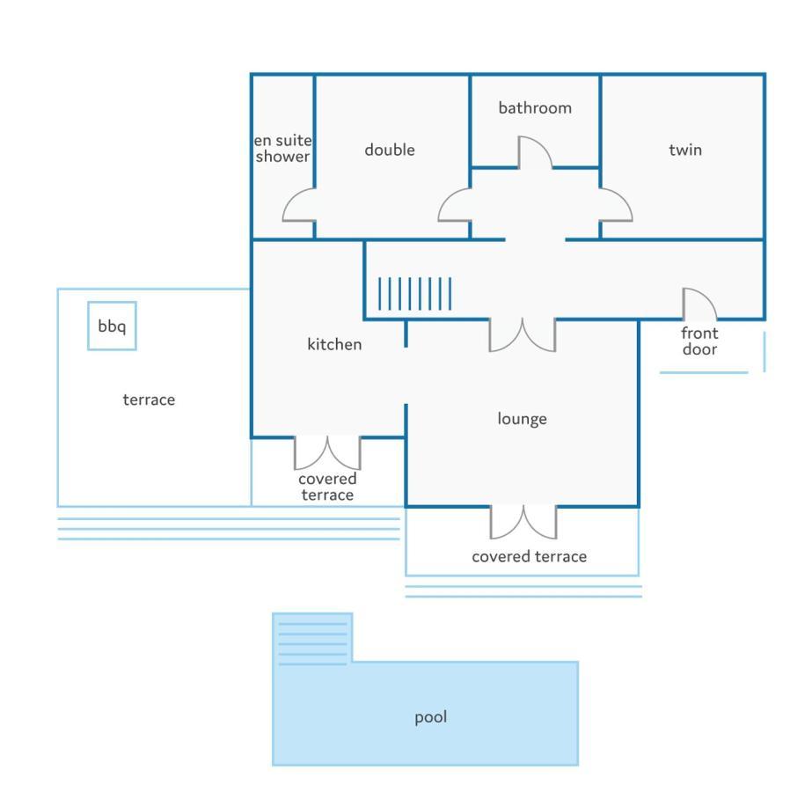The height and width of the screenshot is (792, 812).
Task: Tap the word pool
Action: [x=430, y=717]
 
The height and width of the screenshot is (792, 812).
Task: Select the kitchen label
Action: [x=334, y=344]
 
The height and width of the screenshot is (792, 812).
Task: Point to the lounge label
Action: [x=522, y=419]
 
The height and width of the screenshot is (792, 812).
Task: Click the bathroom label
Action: [x=535, y=107]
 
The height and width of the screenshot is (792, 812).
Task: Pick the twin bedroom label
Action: [x=685, y=150]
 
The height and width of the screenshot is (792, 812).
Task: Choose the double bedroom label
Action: [x=390, y=150]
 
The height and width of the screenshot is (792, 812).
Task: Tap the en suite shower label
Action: [x=282, y=148]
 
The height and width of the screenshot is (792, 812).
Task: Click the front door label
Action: [x=699, y=341]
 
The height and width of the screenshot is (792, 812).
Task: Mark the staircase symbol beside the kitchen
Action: [x=414, y=294]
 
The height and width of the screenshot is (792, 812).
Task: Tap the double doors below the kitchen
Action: [x=327, y=454]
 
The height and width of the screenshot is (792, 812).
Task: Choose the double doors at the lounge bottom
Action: [x=523, y=523]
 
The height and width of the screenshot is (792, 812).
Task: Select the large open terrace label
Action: [x=149, y=400]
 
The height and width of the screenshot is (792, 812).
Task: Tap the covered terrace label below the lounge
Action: [x=530, y=556]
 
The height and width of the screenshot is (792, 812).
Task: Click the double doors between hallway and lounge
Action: [x=523, y=335]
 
